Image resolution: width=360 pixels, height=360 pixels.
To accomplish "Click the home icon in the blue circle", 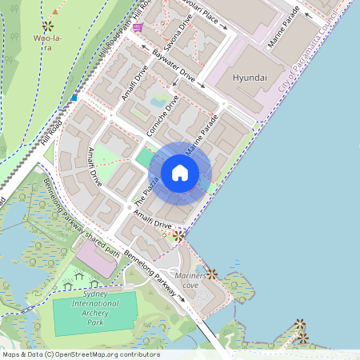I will [180, 173].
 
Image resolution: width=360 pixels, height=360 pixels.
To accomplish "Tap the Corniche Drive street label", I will [162, 116].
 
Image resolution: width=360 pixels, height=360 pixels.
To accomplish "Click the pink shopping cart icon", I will [138, 27].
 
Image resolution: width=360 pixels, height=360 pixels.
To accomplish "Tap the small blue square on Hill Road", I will [74, 98].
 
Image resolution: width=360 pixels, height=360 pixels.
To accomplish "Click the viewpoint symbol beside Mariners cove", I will [212, 274].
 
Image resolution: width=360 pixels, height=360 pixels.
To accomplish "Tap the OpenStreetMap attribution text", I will [80, 354].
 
